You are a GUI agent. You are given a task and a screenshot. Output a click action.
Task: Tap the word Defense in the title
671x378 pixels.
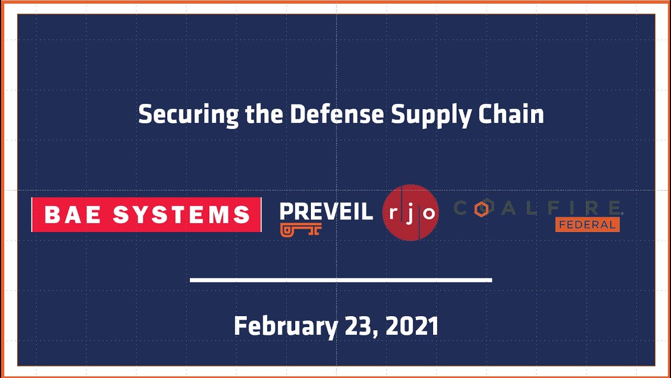coord(337,114)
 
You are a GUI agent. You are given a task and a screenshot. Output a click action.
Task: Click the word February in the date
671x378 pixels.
coord(286,327)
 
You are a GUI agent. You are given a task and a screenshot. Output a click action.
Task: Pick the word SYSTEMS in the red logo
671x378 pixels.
coord(181,215)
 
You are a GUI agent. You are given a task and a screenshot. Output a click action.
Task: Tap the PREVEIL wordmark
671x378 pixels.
coord(326,212)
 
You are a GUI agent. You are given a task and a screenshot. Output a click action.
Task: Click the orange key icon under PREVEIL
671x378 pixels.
coord(300,229)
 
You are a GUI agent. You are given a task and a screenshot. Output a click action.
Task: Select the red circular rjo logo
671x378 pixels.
coord(410,213)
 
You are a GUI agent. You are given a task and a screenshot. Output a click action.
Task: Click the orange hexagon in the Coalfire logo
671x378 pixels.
coord(481,209)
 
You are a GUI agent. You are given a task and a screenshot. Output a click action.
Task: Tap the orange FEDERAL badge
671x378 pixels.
coord(587,225)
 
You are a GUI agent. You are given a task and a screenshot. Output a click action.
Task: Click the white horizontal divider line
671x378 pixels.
coord(341,280)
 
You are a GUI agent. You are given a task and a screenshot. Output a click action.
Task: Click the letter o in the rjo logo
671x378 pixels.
coord(428,213)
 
